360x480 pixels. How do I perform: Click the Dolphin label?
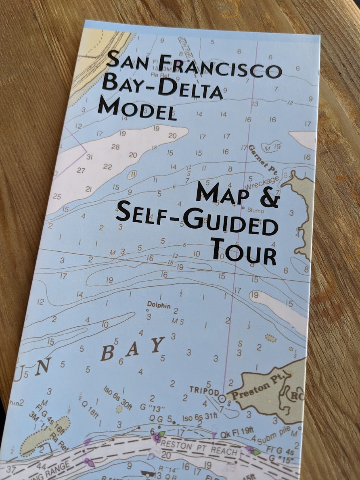(x=159, y=305)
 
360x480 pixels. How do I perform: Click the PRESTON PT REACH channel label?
(x=198, y=447)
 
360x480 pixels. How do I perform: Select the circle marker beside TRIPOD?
(x=222, y=398)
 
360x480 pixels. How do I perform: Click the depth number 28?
(x=115, y=147)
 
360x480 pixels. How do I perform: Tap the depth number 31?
(x=89, y=157)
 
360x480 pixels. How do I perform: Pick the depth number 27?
(x=81, y=170)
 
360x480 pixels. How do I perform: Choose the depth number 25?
(x=57, y=196)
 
